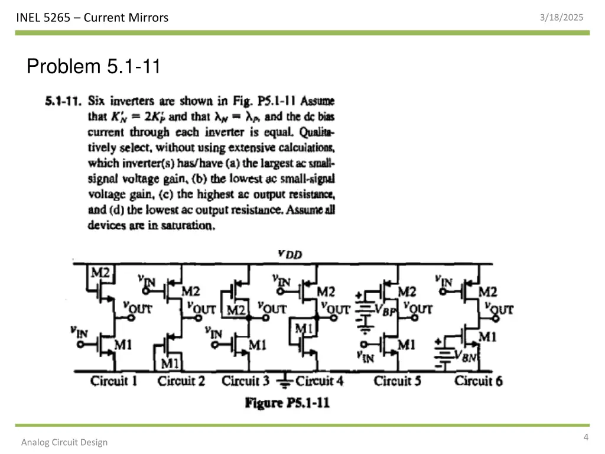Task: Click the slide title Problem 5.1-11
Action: tap(93, 66)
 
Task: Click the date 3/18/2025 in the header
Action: tap(561, 18)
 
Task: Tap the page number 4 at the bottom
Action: tap(586, 437)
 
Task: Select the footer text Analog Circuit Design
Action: tap(64, 442)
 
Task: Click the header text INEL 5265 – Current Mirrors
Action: tap(92, 18)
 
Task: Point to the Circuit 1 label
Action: tap(113, 381)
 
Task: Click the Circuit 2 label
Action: tap(181, 381)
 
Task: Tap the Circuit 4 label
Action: tap(319, 381)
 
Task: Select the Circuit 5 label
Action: tap(398, 381)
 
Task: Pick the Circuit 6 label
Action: tap(479, 381)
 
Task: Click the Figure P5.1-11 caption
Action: tap(288, 403)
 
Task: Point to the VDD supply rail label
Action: tap(290, 254)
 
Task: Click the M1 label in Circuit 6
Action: tap(487, 337)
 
